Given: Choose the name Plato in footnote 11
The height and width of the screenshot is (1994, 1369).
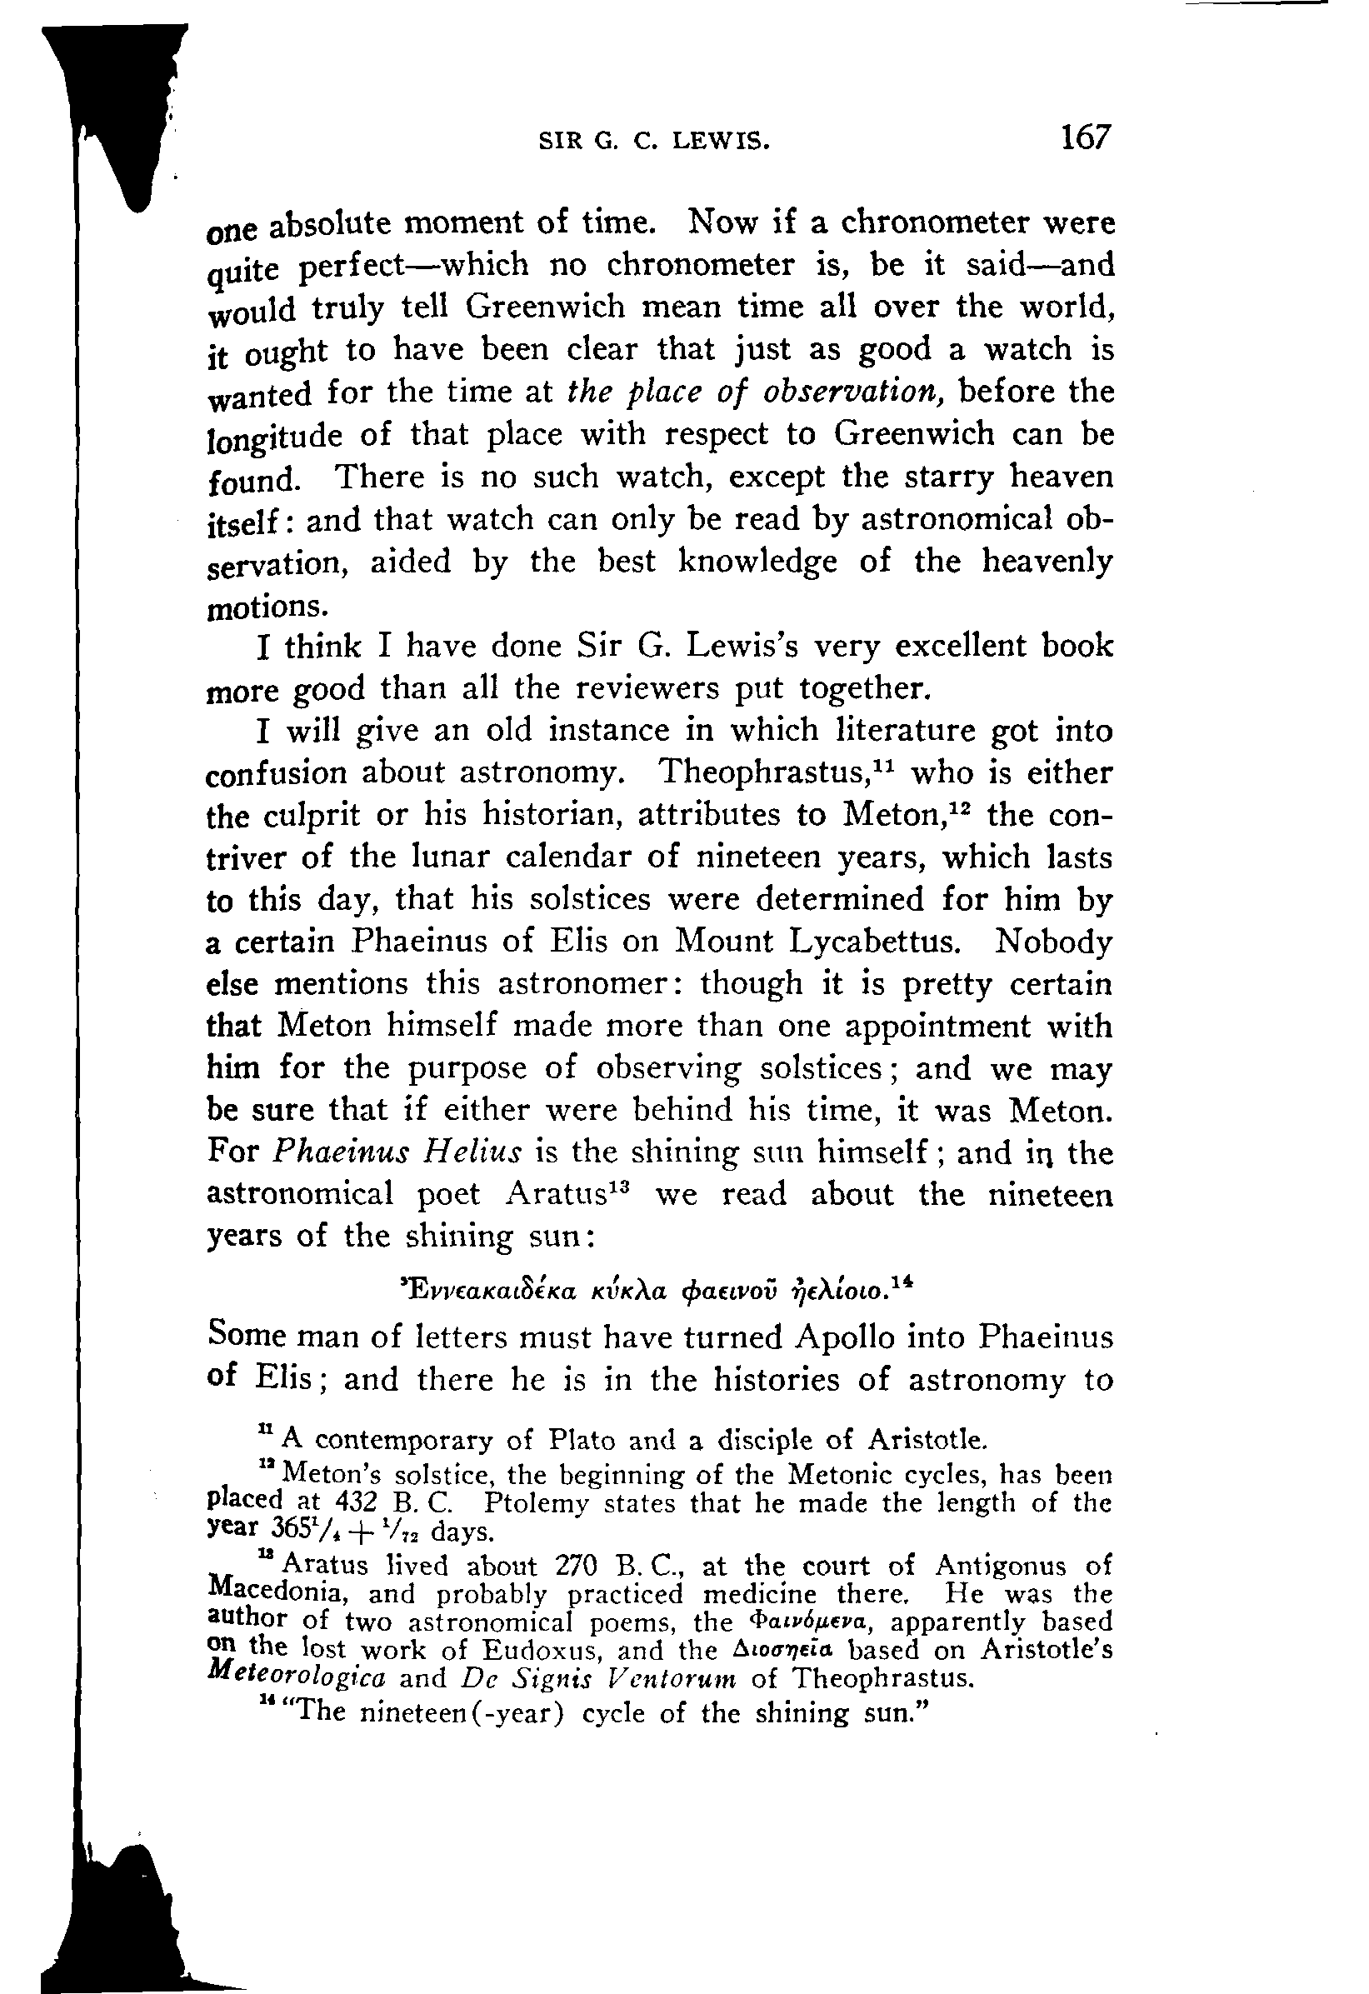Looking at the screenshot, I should coord(584,1439).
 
